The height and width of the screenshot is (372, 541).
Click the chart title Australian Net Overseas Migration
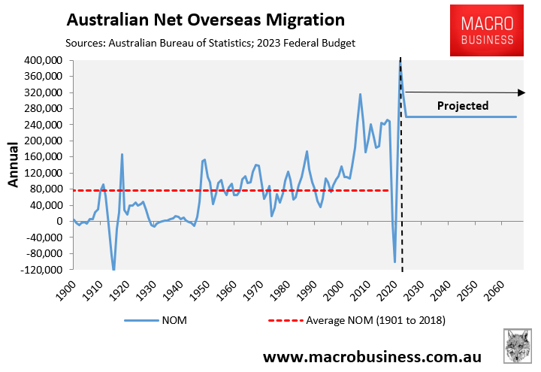205,19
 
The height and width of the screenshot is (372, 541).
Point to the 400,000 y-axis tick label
42,60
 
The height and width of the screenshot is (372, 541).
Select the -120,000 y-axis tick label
41,269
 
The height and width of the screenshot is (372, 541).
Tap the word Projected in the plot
463,106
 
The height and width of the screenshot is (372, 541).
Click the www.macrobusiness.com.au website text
372,354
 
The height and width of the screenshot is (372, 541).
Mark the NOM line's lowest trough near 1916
113,269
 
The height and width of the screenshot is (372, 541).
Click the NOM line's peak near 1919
122,154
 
